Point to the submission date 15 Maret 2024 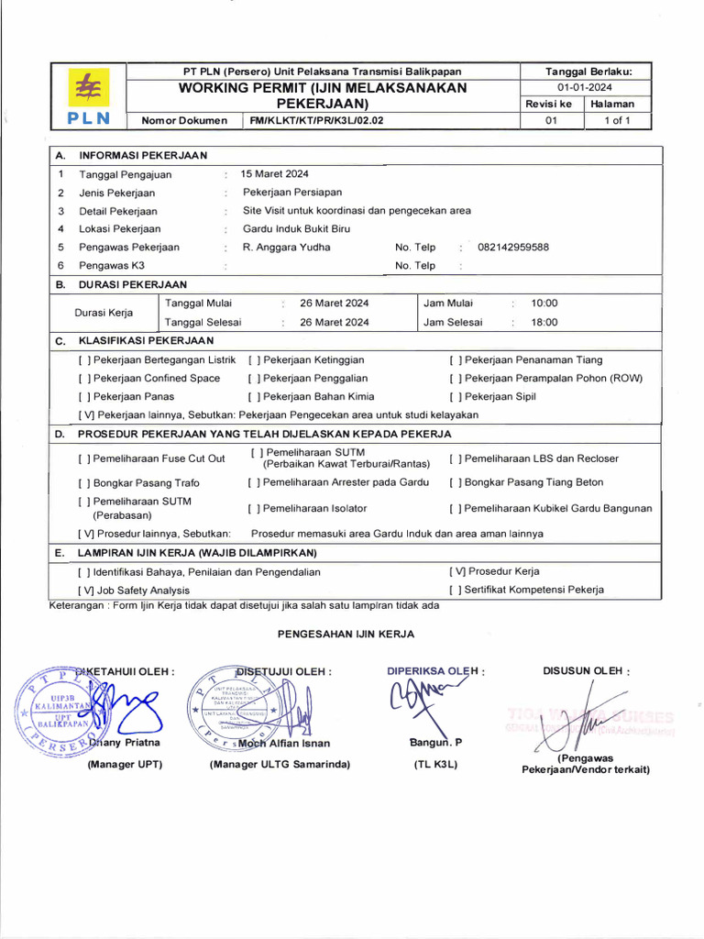275,173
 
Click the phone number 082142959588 513,247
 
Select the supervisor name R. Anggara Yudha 286,247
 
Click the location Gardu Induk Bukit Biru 296,228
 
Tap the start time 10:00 544,303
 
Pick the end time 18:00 544,322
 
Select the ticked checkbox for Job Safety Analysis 85,591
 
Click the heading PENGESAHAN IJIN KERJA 346,634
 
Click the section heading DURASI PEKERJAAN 133,284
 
